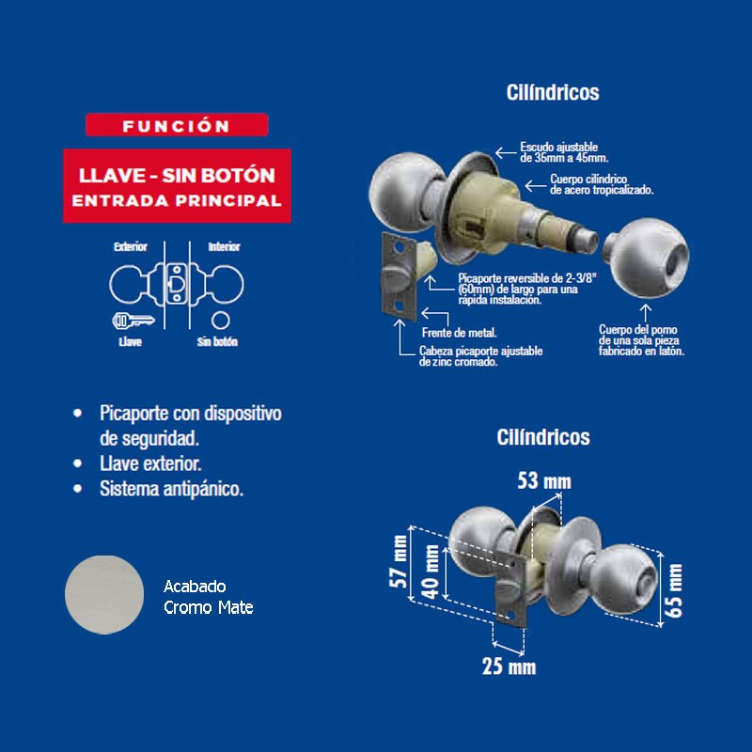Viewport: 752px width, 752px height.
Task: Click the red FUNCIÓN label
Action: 177,125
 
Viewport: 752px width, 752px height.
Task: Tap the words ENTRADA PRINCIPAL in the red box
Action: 177,200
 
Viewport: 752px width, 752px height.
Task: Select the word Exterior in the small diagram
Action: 131,247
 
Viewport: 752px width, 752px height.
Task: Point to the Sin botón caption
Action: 217,342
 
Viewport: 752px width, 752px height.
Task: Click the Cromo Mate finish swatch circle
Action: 104,595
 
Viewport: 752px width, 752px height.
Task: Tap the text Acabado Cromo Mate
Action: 208,597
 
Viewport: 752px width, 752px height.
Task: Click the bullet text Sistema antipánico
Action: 171,489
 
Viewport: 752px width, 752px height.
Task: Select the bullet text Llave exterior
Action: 150,463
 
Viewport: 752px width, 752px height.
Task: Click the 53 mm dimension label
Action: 544,482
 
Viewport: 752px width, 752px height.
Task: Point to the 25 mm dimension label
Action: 509,667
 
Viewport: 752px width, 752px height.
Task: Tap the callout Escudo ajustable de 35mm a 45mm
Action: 564,152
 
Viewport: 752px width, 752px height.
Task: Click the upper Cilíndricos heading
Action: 552,93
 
